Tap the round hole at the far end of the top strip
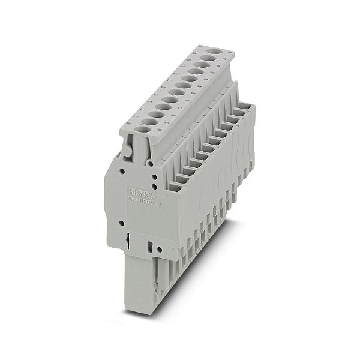click(213, 58)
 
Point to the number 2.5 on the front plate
click(158, 205)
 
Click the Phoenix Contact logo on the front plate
click(143, 193)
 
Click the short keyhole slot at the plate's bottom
click(148, 246)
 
